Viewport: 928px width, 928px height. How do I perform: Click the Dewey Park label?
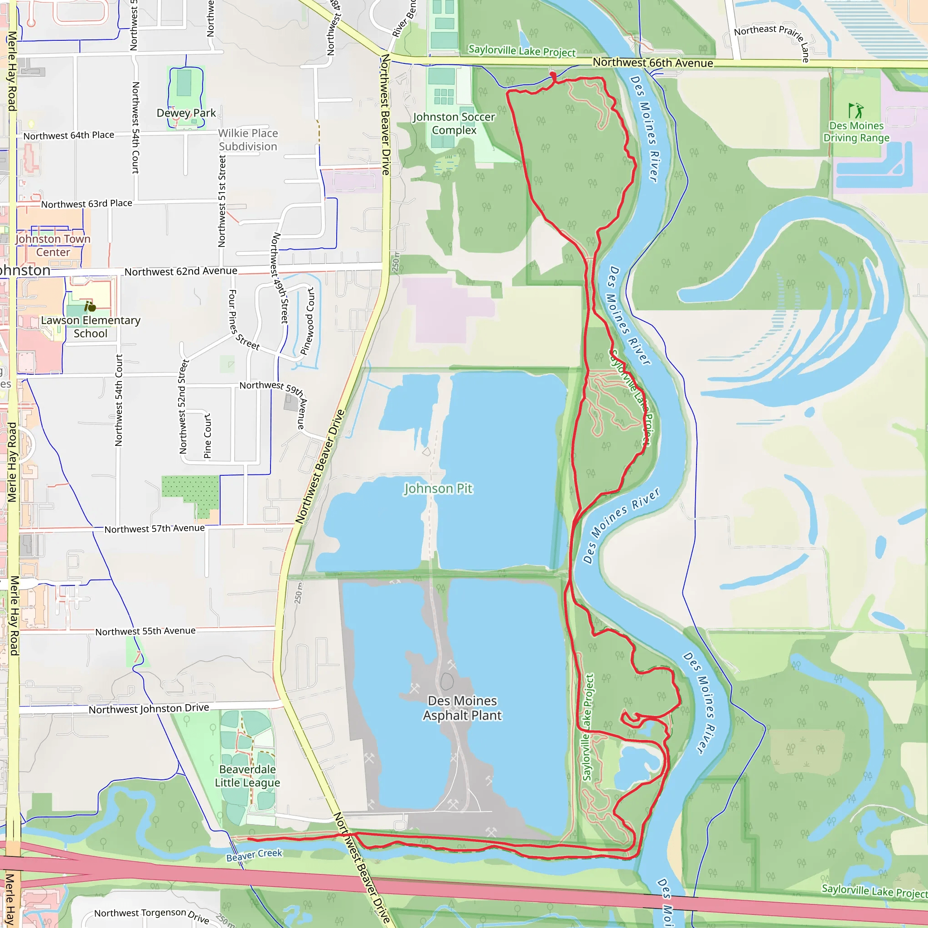[x=186, y=113]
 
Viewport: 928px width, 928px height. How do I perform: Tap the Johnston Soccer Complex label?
[x=454, y=123]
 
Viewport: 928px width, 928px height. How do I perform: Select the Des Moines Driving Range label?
[x=856, y=131]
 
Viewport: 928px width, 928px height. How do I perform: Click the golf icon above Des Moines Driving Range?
[x=855, y=111]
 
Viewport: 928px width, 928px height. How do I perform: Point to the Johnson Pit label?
[x=438, y=488]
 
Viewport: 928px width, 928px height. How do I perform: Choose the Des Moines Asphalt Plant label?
[x=462, y=708]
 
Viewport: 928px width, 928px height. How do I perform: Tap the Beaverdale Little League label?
[x=247, y=776]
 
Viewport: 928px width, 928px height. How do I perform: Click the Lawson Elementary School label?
[x=90, y=327]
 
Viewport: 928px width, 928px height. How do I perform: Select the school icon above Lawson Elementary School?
[x=90, y=306]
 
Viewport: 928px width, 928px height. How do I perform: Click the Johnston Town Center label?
[x=53, y=246]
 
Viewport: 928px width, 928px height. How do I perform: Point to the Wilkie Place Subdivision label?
[x=248, y=140]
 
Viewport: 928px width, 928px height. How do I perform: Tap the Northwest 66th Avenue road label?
[x=652, y=63]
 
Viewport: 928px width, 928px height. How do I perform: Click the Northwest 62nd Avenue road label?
[x=181, y=271]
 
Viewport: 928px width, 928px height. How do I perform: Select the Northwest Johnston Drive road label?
[x=149, y=709]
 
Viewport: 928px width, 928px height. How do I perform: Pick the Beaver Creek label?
[x=254, y=855]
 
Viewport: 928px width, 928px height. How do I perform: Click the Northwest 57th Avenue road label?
[x=154, y=528]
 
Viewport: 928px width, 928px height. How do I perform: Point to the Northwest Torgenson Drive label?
[x=151, y=915]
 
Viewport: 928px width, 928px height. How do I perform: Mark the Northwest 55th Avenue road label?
[x=145, y=631]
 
